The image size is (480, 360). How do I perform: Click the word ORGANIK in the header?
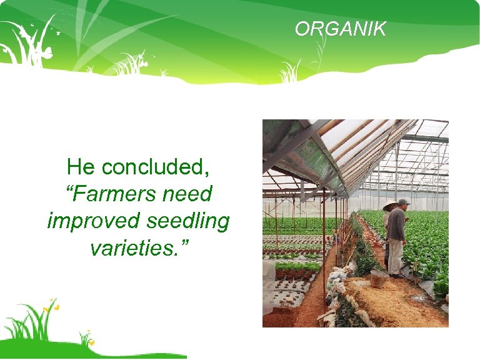tap(341, 29)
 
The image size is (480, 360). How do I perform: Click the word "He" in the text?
tap(81, 167)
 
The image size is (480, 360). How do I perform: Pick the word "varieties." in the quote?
tap(138, 248)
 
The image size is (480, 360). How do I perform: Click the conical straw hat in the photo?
tap(390, 206)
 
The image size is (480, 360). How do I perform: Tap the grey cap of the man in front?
tap(404, 202)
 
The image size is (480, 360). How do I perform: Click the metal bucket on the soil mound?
tap(379, 279)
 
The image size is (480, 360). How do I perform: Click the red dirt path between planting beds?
tap(306, 306)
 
